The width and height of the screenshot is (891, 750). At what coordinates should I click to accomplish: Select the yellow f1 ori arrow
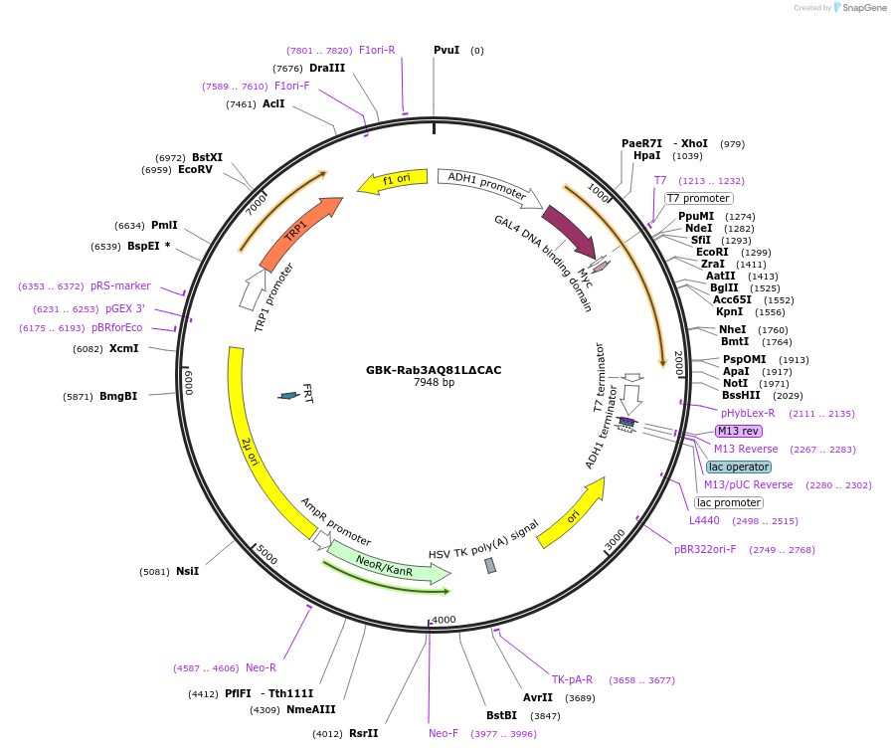tap(392, 181)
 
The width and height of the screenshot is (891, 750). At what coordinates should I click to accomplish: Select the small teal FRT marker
tap(288, 396)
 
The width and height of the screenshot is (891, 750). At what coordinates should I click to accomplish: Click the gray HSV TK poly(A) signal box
tap(490, 565)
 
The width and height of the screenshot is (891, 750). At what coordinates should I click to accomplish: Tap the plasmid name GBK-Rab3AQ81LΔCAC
tap(434, 370)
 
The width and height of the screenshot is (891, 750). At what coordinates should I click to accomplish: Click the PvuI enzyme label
tap(446, 50)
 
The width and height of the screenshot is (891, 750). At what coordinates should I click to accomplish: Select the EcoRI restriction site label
tap(712, 252)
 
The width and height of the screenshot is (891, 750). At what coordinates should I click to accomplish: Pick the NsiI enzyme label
tap(187, 571)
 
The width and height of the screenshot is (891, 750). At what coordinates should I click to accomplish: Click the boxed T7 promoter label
tap(698, 198)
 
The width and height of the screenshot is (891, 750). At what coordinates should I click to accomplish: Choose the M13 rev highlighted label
tap(738, 431)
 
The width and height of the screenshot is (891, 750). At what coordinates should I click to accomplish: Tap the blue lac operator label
tap(739, 467)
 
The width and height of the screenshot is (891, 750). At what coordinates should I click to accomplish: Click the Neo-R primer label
tap(261, 667)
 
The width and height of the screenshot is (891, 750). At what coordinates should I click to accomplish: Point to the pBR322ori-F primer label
tap(705, 549)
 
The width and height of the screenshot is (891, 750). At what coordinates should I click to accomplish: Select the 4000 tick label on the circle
tap(444, 620)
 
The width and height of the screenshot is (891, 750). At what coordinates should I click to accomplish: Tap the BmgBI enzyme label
tap(118, 396)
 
